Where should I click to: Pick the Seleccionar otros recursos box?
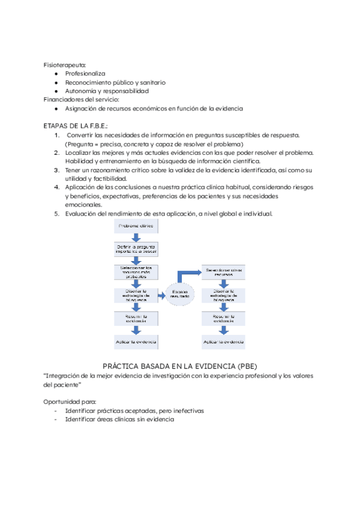click(223, 271)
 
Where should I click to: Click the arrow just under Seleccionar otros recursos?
click(223, 282)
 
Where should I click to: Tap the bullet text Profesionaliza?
click(85, 73)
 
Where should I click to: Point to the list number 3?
click(56, 170)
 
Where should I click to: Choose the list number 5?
click(56, 213)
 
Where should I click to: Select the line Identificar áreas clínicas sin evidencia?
click(119, 420)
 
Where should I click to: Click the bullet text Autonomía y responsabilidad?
click(107, 91)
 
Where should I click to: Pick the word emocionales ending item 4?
click(84, 205)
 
